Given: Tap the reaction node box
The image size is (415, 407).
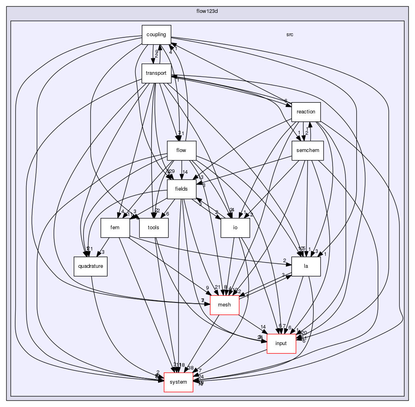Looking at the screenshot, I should pos(306,111).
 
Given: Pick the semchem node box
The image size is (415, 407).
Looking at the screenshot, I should pos(307,150).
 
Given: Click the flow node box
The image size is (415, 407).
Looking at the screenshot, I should pos(181,150).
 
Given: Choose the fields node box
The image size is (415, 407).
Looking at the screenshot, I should pos(181,189).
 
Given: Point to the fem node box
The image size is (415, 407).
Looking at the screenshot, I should pos(115,227).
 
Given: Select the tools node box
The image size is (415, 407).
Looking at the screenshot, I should pos(154,227).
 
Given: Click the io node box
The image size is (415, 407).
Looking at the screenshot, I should pos(235,227).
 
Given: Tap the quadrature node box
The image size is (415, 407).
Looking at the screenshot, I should pos(90,266).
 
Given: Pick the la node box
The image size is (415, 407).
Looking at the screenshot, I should pos(306,266).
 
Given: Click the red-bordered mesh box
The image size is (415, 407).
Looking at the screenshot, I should pos(224,304).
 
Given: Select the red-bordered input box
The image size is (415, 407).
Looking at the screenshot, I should pos(281,343).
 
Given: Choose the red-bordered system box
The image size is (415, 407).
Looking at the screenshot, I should pos(178,382).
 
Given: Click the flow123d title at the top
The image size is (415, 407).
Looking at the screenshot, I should pos(207,10).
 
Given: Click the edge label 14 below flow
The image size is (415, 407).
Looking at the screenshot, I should pos(185,172).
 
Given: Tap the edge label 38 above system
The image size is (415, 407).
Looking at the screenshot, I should pos(191,368).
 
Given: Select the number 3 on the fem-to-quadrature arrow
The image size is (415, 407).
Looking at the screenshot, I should pos(103,252).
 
